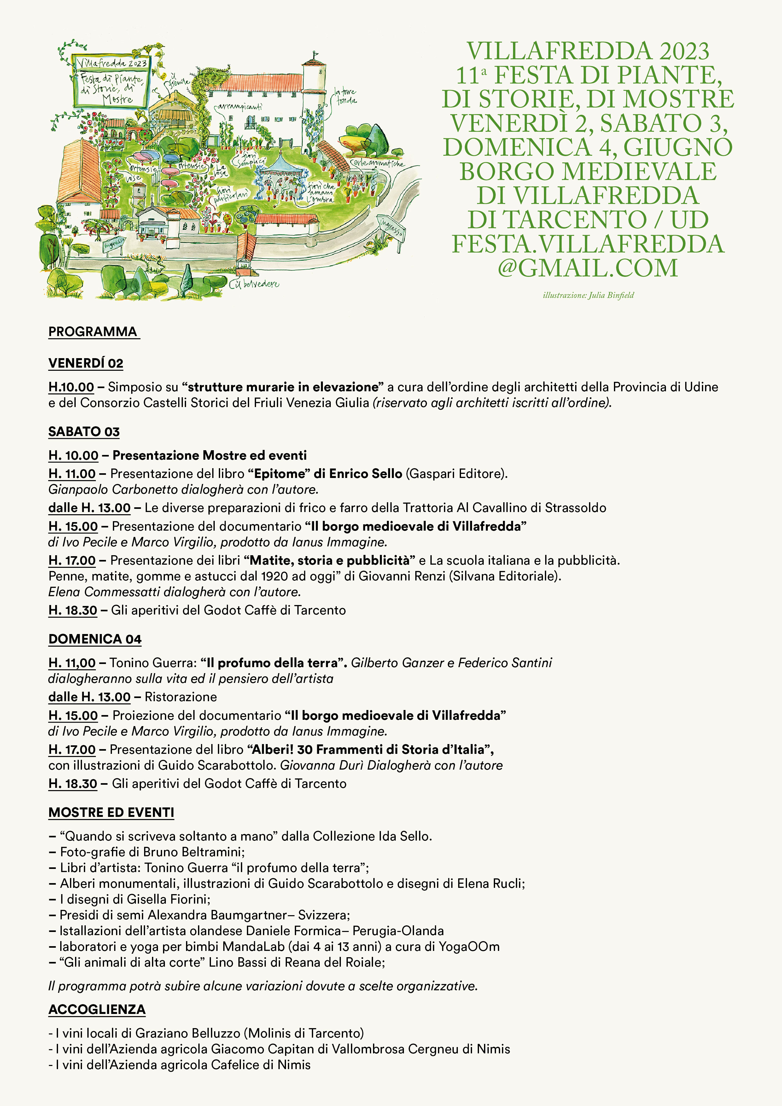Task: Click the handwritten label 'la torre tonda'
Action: pos(346,96)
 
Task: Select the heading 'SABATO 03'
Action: pos(84,432)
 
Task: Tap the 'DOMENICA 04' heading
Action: pos(95,639)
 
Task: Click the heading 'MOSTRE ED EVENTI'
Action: pos(111,813)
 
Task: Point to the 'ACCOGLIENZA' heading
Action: pos(97,1009)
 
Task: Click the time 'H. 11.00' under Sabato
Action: pos(72,474)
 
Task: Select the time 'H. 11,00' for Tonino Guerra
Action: pos(72,663)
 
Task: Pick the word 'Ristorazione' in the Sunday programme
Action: pos(181,697)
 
